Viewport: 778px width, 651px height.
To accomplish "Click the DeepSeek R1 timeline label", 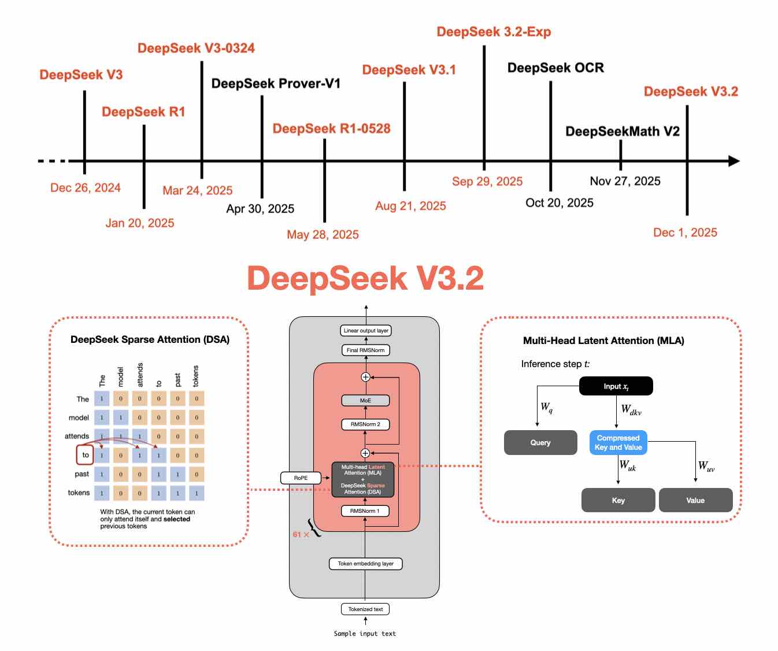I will (x=143, y=112).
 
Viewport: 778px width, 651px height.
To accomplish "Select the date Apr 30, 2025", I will (x=260, y=209).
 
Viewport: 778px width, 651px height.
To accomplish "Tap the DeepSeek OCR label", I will (x=555, y=68).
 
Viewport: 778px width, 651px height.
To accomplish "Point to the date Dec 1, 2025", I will (x=685, y=232).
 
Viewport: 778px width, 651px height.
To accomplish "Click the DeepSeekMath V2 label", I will (x=623, y=131).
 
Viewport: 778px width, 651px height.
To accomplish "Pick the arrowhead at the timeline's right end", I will (x=733, y=161).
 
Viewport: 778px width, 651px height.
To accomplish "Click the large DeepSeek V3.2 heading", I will (x=365, y=278).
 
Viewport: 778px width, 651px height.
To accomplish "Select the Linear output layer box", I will (x=366, y=331).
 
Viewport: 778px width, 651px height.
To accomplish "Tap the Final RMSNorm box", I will (x=365, y=350).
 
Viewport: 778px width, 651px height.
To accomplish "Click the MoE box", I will (x=365, y=400).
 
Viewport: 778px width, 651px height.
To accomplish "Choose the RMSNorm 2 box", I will (x=365, y=424).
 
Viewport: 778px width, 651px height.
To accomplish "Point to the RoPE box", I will (x=301, y=478).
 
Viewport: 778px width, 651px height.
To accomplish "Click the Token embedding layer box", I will (x=365, y=564).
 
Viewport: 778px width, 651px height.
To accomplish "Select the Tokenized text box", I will (x=365, y=609).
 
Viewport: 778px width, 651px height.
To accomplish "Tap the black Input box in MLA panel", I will (x=616, y=386).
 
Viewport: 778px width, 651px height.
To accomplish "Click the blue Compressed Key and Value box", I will (x=618, y=443).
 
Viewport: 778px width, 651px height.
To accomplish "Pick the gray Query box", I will (x=540, y=443).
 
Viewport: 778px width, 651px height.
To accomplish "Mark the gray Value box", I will (x=695, y=501).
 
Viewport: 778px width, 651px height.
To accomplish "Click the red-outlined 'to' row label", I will (x=85, y=455).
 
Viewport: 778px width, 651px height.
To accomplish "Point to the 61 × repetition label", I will (x=301, y=535).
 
